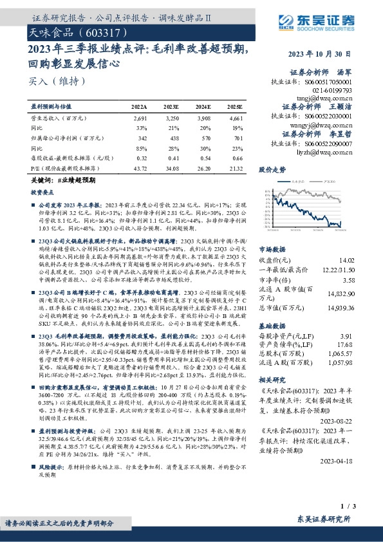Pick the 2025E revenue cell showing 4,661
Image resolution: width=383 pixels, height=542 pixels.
point(236,119)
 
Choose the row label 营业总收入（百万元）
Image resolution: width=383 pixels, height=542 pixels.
point(59,119)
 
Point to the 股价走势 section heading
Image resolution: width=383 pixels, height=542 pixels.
point(272,170)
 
